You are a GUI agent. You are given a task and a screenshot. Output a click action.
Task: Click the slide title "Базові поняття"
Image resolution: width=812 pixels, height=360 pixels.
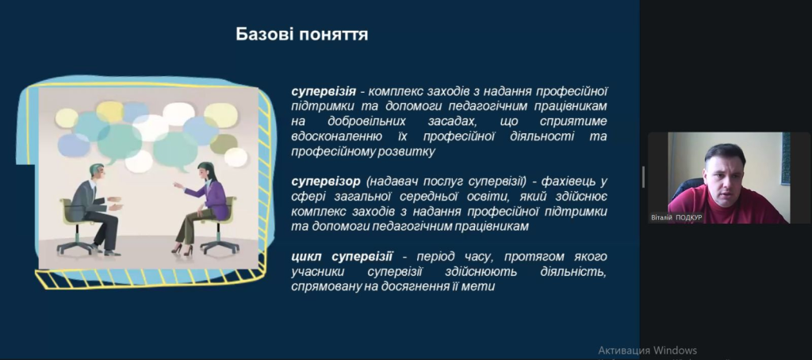click(x=302, y=35)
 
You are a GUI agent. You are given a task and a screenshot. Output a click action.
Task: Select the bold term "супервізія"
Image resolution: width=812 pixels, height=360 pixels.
click(x=324, y=92)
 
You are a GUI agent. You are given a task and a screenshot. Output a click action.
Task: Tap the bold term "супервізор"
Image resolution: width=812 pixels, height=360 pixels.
click(x=326, y=182)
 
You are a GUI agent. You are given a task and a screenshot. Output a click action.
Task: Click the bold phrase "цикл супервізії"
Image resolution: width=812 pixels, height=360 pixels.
click(x=342, y=257)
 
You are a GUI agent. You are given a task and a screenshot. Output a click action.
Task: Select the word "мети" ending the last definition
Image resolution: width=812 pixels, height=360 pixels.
click(x=481, y=287)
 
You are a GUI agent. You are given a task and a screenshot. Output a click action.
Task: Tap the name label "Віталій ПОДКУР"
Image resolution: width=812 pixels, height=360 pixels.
click(x=677, y=218)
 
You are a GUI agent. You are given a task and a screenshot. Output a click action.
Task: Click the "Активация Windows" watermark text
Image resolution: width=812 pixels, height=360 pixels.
click(x=647, y=350)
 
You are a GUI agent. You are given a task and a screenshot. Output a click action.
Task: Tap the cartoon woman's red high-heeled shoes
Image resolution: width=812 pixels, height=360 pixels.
click(x=182, y=250)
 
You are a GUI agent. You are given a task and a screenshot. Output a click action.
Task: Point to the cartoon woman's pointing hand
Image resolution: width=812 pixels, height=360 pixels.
click(x=178, y=185)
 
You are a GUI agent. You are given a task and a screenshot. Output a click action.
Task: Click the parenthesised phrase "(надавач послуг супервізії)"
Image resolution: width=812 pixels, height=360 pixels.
click(x=446, y=182)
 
